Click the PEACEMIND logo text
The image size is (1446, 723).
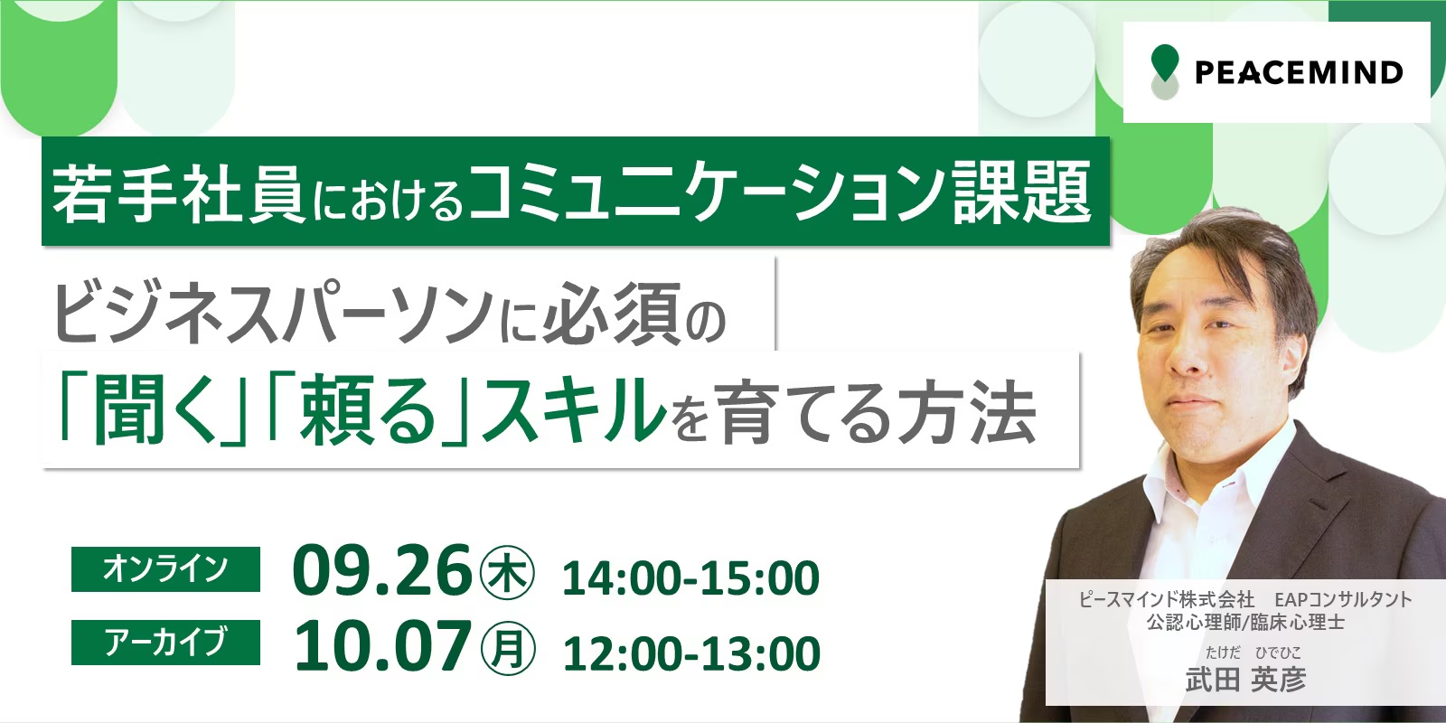1299,72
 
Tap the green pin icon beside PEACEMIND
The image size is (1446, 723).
1165,71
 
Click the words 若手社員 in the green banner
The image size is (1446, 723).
178,193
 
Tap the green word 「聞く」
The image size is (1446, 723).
154,411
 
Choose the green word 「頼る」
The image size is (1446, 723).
369,411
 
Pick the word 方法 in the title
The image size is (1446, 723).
967,411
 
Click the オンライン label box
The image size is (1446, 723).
166,568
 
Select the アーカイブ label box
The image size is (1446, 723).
166,643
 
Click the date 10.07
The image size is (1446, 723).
382,647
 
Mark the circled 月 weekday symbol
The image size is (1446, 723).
507,649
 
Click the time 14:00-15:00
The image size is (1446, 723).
690,577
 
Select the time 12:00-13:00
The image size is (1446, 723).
691,653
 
